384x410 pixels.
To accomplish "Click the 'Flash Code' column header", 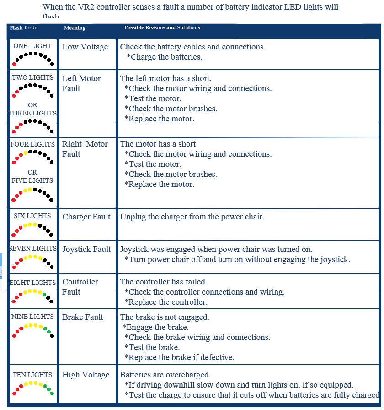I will pos(23,28).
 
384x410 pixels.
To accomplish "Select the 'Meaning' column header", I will pos(75,28).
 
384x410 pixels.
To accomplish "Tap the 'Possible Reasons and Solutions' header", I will pos(162,27).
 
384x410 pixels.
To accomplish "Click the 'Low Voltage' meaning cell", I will pos(85,47).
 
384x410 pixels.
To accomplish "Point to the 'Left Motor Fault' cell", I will pos(81,83).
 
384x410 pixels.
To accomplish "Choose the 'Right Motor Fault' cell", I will pos(85,149).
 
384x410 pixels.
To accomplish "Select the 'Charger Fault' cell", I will pos(86,217).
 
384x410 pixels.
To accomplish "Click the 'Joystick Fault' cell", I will pos(86,250).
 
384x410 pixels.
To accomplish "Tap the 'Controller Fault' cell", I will pos(80,287).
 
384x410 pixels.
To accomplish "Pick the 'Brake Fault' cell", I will pos(83,317).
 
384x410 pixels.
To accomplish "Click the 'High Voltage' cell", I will pos(86,375).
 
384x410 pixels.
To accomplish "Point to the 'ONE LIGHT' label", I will pos(32,46).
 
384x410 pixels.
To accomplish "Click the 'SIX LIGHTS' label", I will pos(32,216).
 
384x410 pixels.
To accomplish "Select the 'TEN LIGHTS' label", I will pos(32,375).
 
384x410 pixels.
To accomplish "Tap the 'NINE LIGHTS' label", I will pos(32,317).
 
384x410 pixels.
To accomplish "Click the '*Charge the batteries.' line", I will pos(164,57).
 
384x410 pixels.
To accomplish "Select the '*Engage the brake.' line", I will pos(155,327).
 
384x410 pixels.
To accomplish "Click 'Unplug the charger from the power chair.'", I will pos(192,217).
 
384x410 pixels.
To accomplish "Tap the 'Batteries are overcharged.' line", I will pos(165,375).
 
